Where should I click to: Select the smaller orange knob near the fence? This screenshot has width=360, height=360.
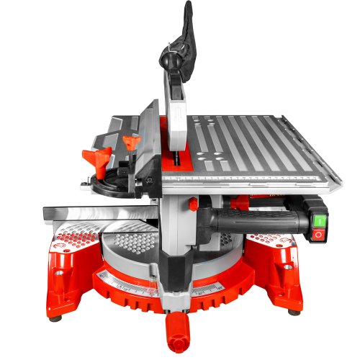tap(130, 142)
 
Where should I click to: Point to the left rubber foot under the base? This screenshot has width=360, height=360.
tap(54, 318)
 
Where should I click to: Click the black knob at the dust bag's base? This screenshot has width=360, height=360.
tap(171, 63)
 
